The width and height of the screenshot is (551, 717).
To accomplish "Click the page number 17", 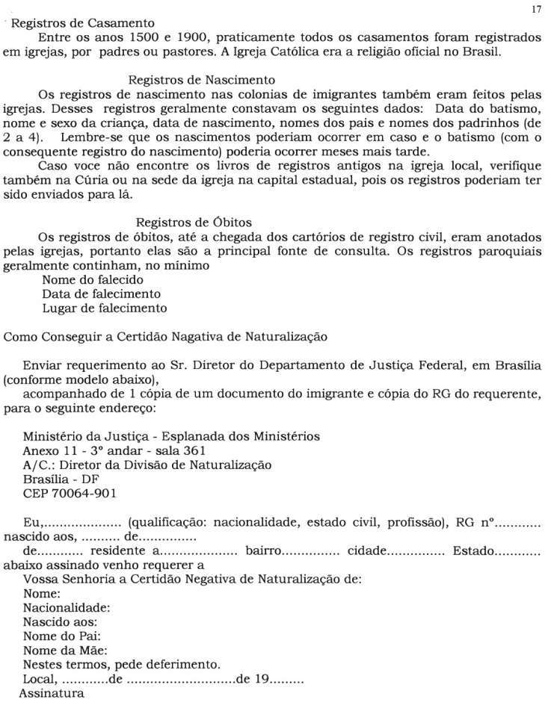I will (x=535, y=9).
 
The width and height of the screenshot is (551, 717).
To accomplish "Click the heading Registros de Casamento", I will (x=83, y=23).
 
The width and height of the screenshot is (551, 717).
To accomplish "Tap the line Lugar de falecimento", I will (x=104, y=308).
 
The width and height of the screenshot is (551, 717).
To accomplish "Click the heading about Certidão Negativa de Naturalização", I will (x=165, y=336).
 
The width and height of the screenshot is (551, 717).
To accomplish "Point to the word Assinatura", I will (x=52, y=692).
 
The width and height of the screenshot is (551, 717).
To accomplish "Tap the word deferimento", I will (x=184, y=664).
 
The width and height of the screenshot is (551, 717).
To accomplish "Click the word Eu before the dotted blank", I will (x=31, y=521).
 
